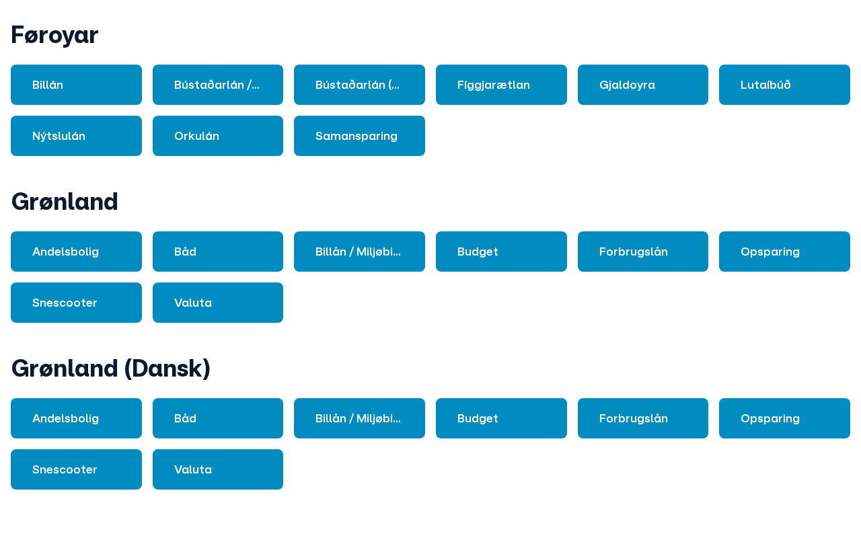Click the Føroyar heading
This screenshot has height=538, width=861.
tap(54, 35)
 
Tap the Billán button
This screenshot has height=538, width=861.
tap(76, 85)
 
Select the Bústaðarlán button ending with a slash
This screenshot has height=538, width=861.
tap(218, 85)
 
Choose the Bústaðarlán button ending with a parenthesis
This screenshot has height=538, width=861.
tap(359, 85)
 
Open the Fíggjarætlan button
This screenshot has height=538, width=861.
tap(501, 85)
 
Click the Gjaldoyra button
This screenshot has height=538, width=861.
tap(643, 85)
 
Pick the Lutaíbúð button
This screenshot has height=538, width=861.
tap(784, 85)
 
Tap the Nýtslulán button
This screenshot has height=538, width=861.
tap(76, 136)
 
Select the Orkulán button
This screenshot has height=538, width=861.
tap(218, 136)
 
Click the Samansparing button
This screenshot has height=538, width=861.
tap(359, 136)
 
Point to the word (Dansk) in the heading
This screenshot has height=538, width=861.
tap(167, 369)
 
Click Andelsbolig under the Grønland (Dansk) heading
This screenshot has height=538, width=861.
tap(76, 418)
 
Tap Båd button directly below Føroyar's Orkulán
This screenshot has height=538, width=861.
tap(218, 252)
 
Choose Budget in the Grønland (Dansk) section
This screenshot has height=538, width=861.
tap(501, 418)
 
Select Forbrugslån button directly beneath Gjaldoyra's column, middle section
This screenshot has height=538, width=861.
tap(643, 252)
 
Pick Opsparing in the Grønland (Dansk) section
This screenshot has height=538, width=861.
tap(784, 418)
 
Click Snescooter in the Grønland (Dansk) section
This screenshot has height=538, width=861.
tap(76, 469)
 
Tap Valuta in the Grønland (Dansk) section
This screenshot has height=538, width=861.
tap(218, 469)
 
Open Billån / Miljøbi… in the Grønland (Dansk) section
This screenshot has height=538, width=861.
tap(359, 418)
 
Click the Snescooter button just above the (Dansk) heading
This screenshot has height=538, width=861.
tap(76, 303)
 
